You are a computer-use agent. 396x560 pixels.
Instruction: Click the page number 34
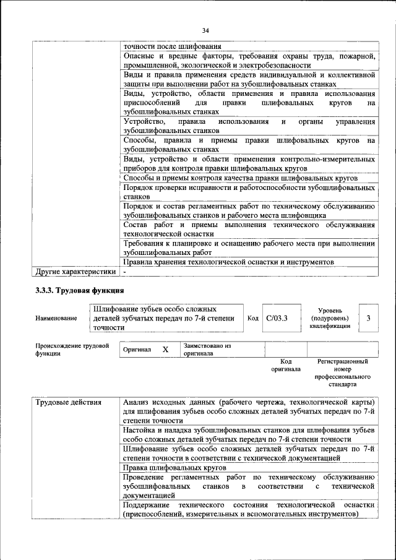[206, 30]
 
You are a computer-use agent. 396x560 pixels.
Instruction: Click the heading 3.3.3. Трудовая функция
[80, 291]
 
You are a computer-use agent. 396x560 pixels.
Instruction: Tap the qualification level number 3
[369, 318]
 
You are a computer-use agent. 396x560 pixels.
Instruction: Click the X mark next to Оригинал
[165, 350]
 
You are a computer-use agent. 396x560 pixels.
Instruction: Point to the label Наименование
[56, 318]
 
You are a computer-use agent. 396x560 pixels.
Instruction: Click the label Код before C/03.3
[252, 318]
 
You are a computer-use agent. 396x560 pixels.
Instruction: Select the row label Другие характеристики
[75, 271]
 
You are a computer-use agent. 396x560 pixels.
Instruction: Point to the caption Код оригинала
[286, 365]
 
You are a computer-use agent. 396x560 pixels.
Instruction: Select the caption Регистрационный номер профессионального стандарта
[342, 373]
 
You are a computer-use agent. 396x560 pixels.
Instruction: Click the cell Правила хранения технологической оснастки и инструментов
[229, 262]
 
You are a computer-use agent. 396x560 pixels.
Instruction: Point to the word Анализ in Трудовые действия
[138, 403]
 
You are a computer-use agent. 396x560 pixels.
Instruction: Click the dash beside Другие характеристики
[124, 272]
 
